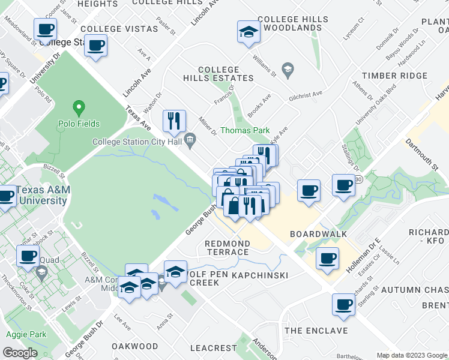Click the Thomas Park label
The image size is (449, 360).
pyautogui.click(x=245, y=130)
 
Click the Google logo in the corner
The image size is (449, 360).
pyautogui.click(x=20, y=353)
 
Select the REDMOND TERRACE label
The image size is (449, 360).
pyautogui.click(x=227, y=248)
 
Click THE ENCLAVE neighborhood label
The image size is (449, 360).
pyautogui.click(x=316, y=331)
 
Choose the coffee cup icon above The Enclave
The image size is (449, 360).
pyautogui.click(x=344, y=304)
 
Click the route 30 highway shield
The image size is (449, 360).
pyautogui.click(x=358, y=179)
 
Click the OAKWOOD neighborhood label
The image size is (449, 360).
pyautogui.click(x=135, y=346)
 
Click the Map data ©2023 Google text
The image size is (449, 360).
pyautogui.click(x=412, y=355)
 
